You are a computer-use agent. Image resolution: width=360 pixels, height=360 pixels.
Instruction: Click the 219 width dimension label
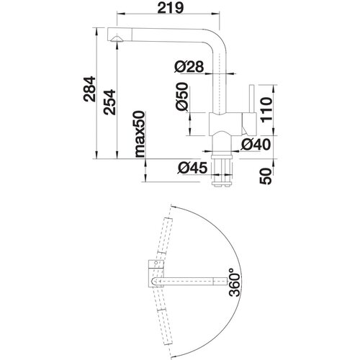[x=171, y=9]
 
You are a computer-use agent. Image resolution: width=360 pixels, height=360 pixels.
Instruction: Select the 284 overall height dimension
[x=89, y=89]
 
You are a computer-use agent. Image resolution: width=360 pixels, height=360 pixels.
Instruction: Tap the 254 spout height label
[x=109, y=102]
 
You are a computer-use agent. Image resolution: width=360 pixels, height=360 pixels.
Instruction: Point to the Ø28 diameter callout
[x=189, y=66]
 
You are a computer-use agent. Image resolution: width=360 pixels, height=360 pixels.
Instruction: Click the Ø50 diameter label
[x=181, y=96]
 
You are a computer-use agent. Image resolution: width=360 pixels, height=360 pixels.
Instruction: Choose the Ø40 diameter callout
[x=256, y=145]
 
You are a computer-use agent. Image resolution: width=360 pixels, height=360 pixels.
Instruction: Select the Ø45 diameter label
[x=192, y=168]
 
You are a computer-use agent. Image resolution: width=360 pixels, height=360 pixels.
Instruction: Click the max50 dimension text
[x=140, y=134]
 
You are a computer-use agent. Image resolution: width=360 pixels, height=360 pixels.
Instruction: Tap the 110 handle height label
[x=267, y=110]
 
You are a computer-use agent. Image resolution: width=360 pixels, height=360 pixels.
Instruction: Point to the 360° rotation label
[x=234, y=282]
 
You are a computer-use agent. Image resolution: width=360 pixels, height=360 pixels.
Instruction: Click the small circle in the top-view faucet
[x=156, y=263]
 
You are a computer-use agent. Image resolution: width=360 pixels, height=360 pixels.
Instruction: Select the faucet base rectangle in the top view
[x=156, y=274]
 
